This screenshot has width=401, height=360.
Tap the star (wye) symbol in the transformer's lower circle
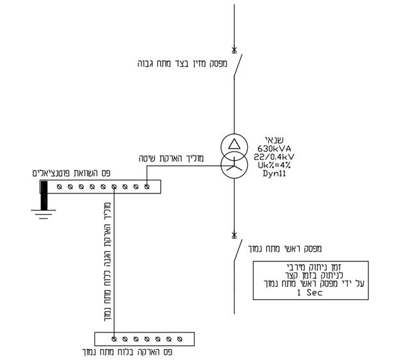[234, 166]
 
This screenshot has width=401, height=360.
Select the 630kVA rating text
[274, 149]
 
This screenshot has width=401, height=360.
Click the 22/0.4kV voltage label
[274, 157]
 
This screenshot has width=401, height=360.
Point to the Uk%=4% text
[274, 165]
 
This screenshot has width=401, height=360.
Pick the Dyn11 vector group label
[274, 174]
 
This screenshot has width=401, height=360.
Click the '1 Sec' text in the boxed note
[309, 293]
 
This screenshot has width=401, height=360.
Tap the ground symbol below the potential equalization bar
[44, 214]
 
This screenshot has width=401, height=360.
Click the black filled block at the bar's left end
[44, 195]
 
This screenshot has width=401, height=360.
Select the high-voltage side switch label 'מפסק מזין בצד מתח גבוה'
[183, 63]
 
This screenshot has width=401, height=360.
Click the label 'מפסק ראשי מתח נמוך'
[285, 249]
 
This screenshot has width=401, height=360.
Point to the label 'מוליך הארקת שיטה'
[171, 158]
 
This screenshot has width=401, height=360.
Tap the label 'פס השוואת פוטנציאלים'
[72, 173]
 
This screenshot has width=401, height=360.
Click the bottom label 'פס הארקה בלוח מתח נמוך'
[127, 352]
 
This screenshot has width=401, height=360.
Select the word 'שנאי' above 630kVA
[274, 140]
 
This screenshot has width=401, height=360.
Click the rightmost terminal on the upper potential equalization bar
[147, 187]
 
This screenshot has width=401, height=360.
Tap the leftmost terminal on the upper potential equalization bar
[60, 187]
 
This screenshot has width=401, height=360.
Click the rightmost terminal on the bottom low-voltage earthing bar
[180, 340]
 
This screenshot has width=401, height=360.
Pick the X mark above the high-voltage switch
[234, 49]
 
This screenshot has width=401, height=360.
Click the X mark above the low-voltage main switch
[234, 235]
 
